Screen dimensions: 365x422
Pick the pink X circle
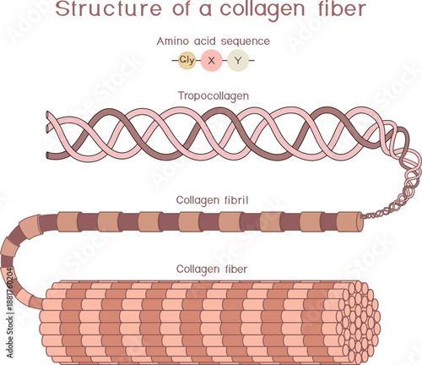(212, 61)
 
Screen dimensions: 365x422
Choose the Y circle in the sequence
(237, 61)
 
